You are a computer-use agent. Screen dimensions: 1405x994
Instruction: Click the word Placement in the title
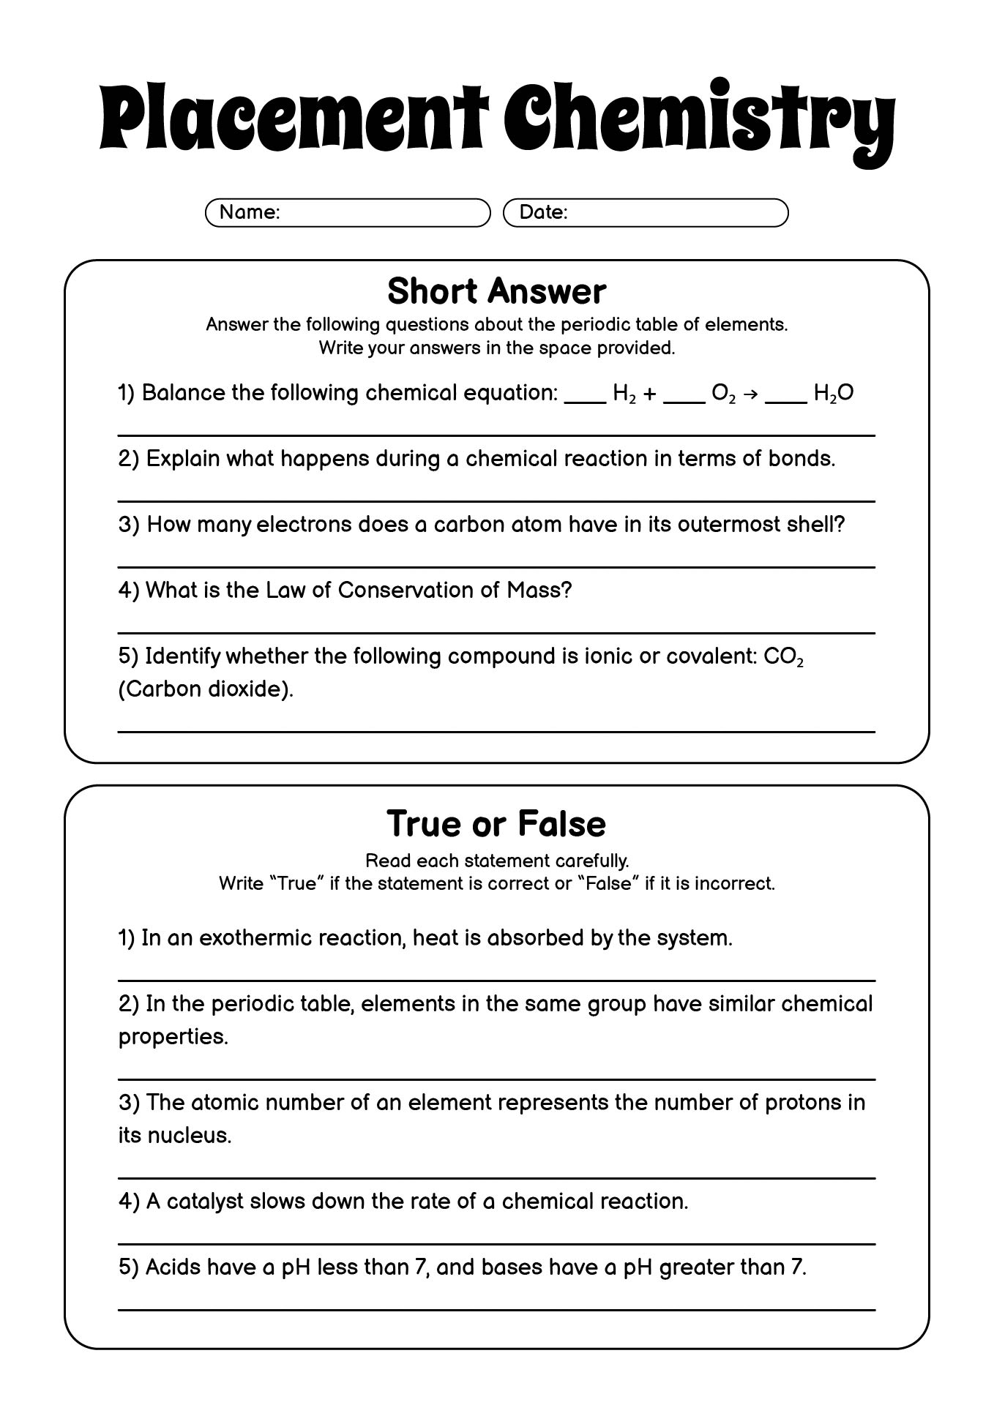pyautogui.click(x=293, y=117)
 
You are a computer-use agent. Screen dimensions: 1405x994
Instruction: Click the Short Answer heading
pyautogui.click(x=496, y=291)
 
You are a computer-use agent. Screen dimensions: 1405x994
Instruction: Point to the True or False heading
pyautogui.click(x=496, y=824)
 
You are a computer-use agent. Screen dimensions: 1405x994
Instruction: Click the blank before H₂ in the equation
pyautogui.click(x=586, y=398)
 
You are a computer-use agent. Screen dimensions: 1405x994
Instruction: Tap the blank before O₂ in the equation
pyautogui.click(x=684, y=398)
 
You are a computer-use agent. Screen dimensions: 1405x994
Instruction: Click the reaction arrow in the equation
pyautogui.click(x=750, y=394)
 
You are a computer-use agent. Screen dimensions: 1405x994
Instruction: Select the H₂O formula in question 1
pyautogui.click(x=834, y=394)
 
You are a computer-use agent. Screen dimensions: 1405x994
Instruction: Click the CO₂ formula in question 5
pyautogui.click(x=783, y=657)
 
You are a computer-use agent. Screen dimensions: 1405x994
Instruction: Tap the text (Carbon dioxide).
pyautogui.click(x=206, y=689)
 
